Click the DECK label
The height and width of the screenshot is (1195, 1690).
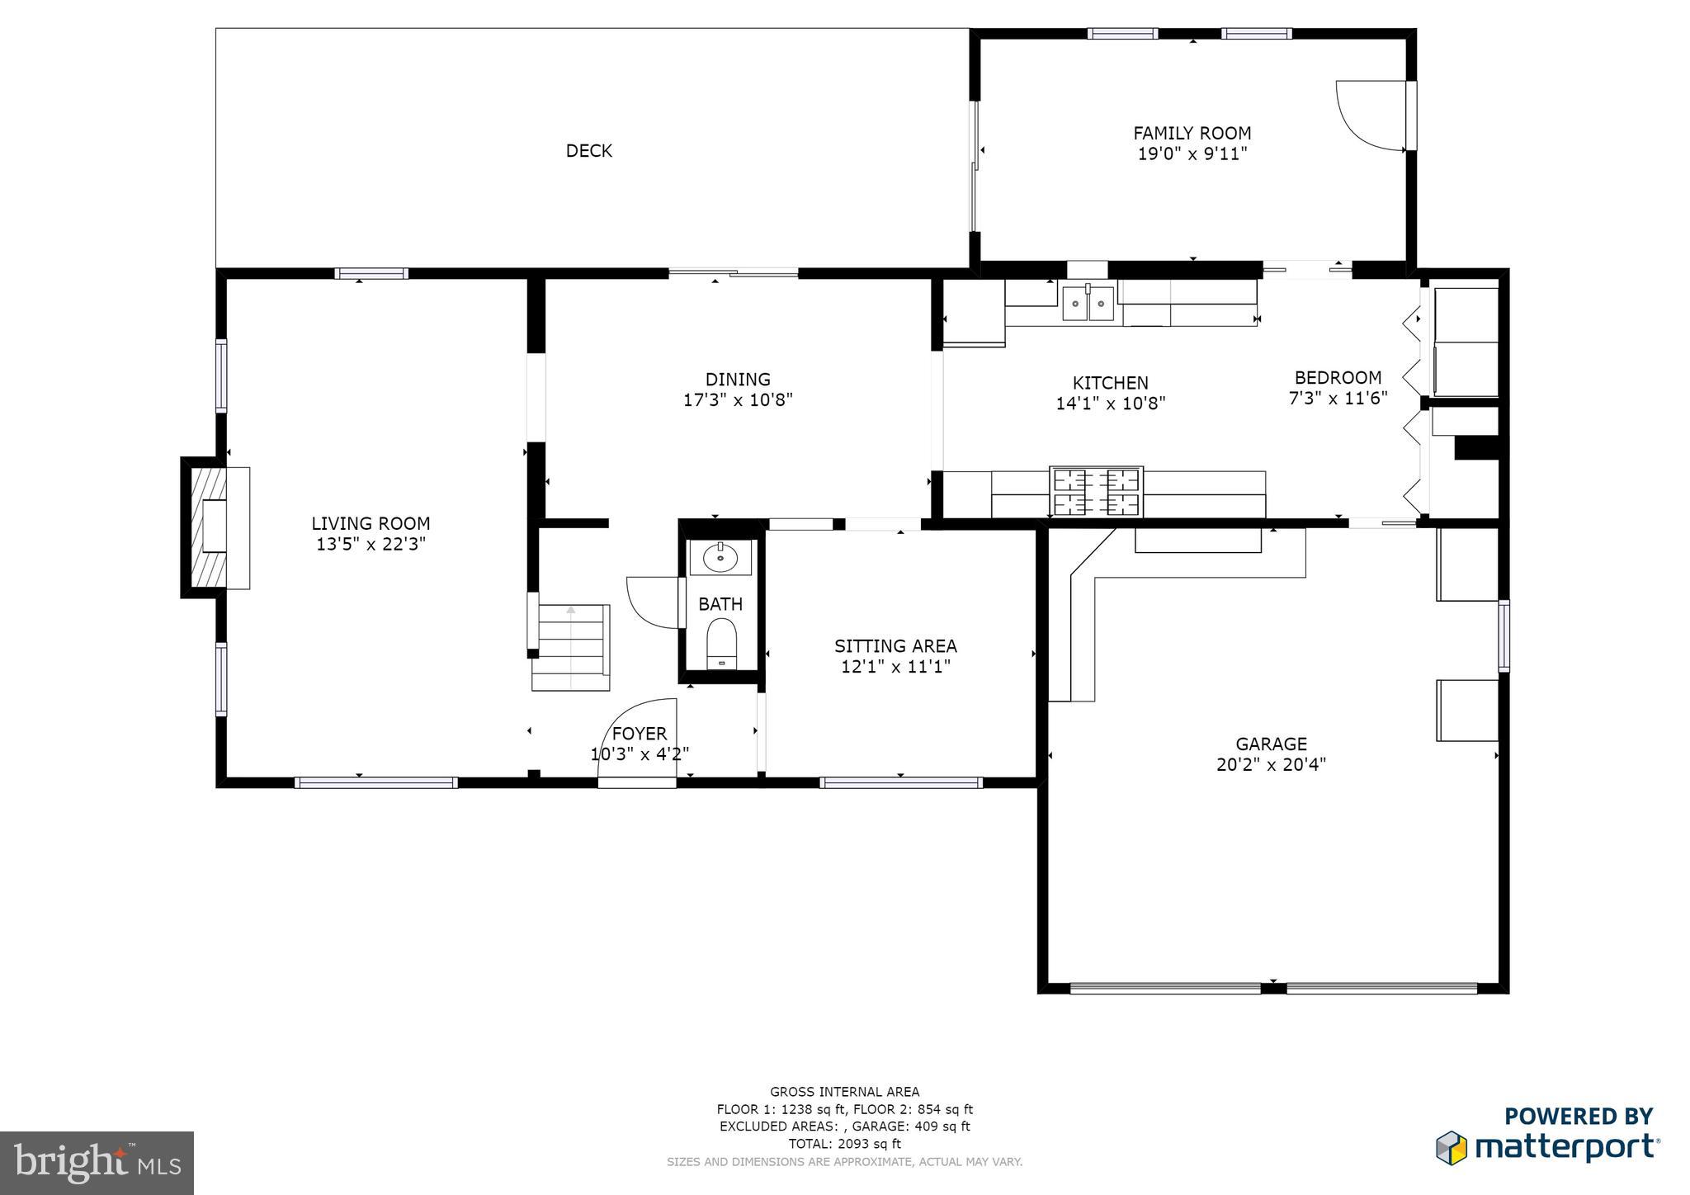[588, 151]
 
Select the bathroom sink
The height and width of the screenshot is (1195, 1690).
[721, 557]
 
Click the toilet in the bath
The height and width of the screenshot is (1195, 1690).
[722, 643]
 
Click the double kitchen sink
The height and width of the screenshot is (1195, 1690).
[1088, 304]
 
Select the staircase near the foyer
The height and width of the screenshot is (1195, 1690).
[571, 647]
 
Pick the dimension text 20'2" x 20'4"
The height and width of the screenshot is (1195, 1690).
[1271, 765]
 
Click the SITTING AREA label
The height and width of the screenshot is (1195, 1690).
[895, 646]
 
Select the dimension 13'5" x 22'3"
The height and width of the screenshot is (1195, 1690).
[371, 545]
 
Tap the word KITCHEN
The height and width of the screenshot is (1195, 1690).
[1110, 383]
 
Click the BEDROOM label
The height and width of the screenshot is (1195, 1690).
[1338, 378]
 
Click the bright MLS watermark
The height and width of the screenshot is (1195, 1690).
[97, 1163]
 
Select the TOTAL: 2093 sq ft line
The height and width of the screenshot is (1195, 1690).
[844, 1144]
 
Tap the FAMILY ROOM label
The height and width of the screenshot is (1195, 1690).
[1192, 133]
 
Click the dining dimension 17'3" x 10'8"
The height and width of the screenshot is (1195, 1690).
[738, 400]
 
